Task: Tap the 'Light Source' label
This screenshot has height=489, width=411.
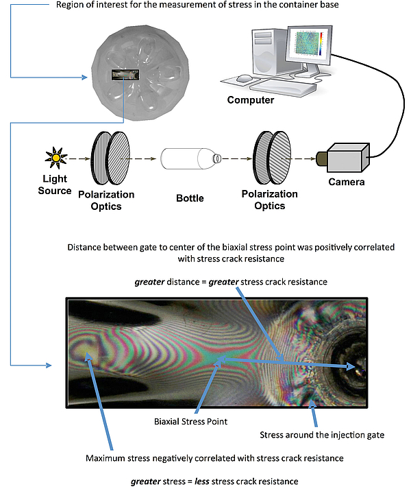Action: [54, 185]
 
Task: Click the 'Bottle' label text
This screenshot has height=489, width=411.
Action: [190, 198]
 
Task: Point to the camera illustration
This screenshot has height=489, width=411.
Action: [349, 157]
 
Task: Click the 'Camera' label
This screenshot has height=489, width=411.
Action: [347, 182]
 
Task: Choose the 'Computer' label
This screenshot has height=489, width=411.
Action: [251, 100]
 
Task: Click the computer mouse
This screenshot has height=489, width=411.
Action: [245, 79]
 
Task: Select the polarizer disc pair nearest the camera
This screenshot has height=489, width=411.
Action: [273, 158]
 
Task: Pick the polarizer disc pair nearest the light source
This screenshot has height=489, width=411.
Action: [110, 158]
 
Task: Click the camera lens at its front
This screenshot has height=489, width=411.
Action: [320, 159]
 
